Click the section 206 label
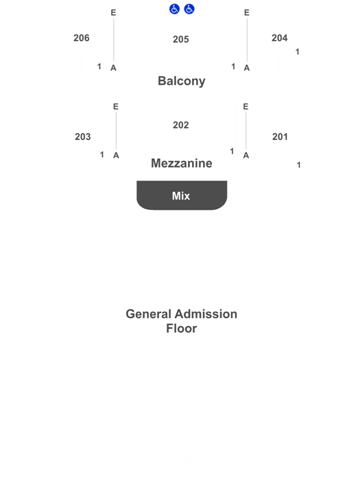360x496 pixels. [x=82, y=38]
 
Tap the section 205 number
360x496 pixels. [x=181, y=39]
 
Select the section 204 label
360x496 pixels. [x=280, y=38]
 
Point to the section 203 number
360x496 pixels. [x=83, y=137]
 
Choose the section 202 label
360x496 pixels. [x=181, y=125]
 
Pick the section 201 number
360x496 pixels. [x=280, y=137]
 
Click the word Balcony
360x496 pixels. [x=182, y=81]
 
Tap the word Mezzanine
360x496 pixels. [x=182, y=163]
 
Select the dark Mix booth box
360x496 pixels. [x=182, y=195]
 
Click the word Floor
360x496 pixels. [x=182, y=329]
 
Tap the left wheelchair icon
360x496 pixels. [x=174, y=9]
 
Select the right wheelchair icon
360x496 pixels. [x=189, y=9]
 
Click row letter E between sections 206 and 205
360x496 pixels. [x=113, y=12]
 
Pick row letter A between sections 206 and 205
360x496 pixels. [x=113, y=68]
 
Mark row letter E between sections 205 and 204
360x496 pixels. [x=247, y=12]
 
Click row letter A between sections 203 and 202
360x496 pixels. [x=116, y=155]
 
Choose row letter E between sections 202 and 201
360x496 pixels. [x=245, y=106]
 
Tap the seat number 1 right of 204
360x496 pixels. [x=298, y=52]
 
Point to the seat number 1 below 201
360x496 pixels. [x=299, y=165]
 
